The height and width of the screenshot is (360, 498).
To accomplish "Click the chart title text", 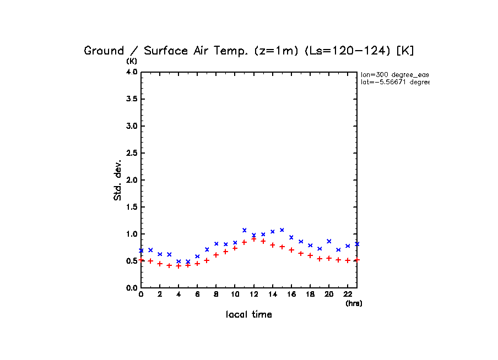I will pos(248,51).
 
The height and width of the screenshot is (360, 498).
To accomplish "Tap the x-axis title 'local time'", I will pos(249,315).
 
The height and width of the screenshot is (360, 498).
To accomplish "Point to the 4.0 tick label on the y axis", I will pos(131,72).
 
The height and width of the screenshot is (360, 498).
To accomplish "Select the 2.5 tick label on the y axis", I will pos(131,153).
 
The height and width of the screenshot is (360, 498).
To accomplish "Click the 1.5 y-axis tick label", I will pos(131,207).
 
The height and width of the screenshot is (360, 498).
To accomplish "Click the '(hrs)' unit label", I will pos(354,303).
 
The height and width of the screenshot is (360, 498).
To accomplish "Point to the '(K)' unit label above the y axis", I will pos(132,61).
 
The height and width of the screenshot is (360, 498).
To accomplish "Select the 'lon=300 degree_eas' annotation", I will pos(394,74).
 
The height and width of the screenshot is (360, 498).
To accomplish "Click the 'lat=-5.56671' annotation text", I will pos(394,82).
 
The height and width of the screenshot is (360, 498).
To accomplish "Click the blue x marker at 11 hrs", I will pos(244,230).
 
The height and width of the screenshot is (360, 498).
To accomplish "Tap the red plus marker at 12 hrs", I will pos(253,239).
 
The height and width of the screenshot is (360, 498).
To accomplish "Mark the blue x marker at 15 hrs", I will pos(282,230).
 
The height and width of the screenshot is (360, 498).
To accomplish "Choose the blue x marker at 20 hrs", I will pos(329,241).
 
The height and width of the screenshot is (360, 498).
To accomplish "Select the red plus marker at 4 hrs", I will pos(178,266).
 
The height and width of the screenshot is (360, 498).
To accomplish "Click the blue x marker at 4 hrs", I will pos(178,261).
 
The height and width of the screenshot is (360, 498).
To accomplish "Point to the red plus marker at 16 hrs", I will pos(291,250).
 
